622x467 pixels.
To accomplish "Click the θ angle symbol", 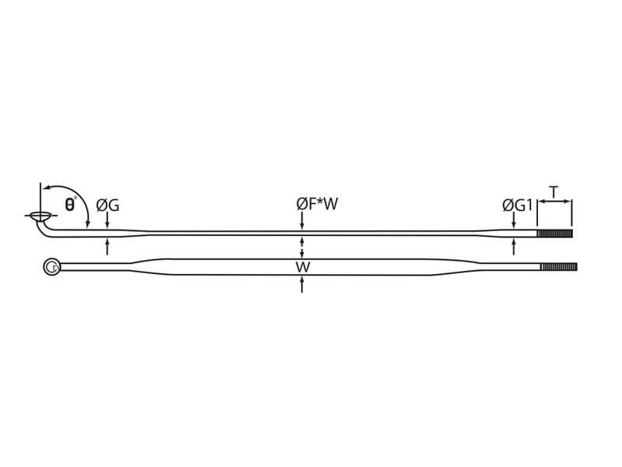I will click(x=70, y=205).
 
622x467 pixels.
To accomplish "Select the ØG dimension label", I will click(x=107, y=205).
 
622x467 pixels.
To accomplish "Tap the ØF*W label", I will click(x=317, y=205).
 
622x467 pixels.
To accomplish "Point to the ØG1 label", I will click(x=517, y=205).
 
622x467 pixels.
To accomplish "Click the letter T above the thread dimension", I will click(x=554, y=191).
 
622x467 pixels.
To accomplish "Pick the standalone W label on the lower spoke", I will click(x=302, y=267).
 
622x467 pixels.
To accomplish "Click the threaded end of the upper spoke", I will click(x=555, y=233).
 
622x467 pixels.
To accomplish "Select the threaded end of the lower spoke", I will click(x=558, y=267).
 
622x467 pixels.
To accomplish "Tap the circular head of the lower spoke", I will click(x=51, y=267).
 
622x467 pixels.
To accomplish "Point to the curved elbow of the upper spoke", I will click(x=44, y=230).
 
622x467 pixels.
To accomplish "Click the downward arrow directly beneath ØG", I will click(x=107, y=223).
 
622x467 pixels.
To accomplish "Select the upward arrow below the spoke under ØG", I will click(x=107, y=246).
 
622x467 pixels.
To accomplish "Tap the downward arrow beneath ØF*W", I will click(x=302, y=223).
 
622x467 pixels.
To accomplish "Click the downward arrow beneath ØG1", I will click(x=513, y=223).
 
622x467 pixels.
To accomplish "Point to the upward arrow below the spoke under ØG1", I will click(x=513, y=246).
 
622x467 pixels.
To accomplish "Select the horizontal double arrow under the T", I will click(x=554, y=202).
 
